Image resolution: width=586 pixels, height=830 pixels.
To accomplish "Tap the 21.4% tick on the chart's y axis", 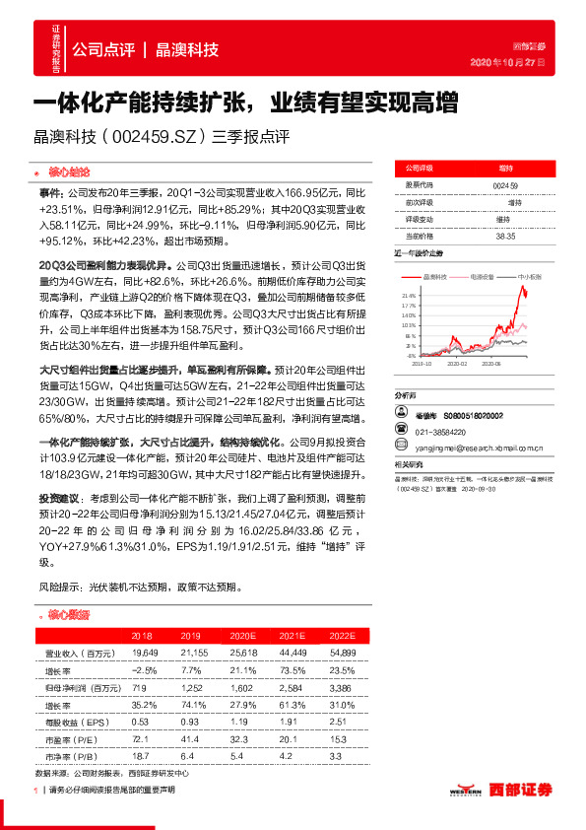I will coord(409,295).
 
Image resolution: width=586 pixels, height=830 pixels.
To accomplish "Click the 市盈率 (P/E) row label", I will coord(71,737).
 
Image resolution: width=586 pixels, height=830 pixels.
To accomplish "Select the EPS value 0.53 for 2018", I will coord(140,721).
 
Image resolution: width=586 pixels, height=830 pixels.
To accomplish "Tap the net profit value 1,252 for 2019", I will coord(191,687).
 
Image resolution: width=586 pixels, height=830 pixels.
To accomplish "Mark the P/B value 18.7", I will coord(140,754).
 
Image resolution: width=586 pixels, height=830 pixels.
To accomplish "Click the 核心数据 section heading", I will coord(69,614).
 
